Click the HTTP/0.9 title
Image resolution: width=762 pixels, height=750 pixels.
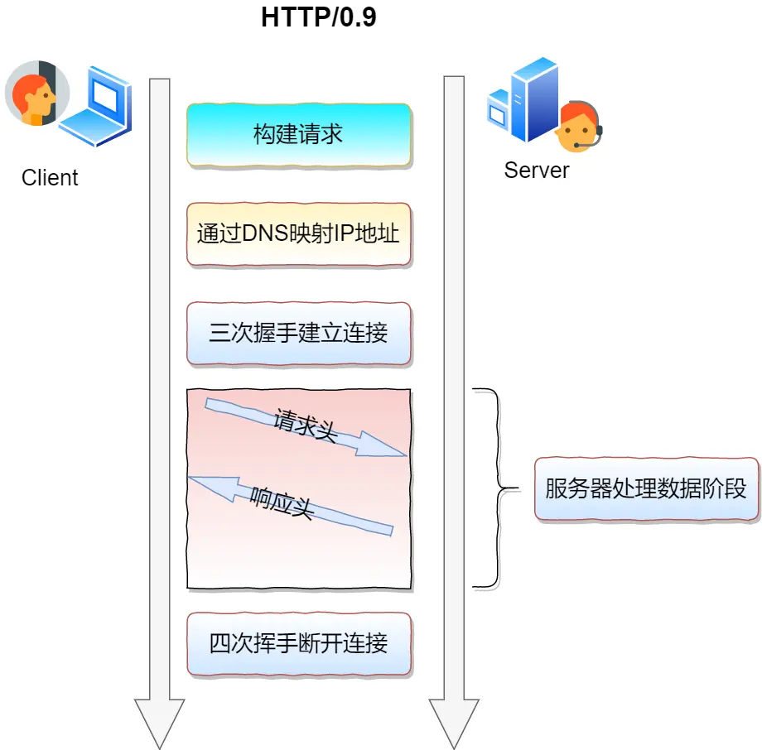click(x=318, y=17)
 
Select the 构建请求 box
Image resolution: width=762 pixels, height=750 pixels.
click(x=298, y=135)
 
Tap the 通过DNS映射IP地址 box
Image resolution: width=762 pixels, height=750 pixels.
click(x=298, y=233)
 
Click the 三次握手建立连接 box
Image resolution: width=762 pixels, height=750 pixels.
click(x=298, y=334)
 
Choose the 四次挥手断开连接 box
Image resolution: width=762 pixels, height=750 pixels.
click(x=298, y=643)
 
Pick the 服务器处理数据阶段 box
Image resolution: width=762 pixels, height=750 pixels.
click(x=646, y=488)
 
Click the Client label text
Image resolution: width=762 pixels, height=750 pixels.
click(x=50, y=178)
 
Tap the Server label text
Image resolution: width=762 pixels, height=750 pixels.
click(x=537, y=171)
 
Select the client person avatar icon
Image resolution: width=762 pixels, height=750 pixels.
click(x=31, y=93)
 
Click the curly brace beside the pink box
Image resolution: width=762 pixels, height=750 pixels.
click(x=495, y=488)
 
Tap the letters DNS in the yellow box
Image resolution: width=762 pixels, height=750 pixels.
click(x=264, y=233)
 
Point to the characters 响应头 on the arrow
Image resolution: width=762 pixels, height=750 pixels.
click(x=282, y=502)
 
